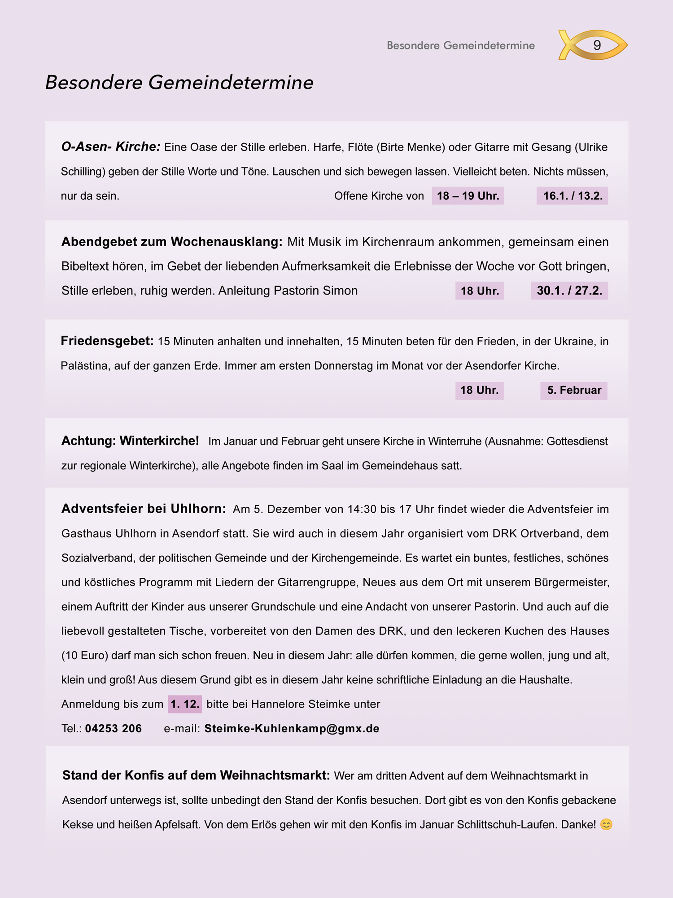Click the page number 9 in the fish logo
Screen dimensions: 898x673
click(597, 45)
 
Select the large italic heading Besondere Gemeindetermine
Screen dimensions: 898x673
click(179, 83)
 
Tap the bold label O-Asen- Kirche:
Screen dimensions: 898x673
click(110, 147)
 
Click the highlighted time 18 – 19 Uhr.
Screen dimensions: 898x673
click(468, 196)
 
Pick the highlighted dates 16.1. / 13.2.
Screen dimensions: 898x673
click(572, 196)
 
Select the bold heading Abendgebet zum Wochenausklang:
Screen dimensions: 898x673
click(172, 242)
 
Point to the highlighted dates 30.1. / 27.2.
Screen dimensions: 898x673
click(569, 291)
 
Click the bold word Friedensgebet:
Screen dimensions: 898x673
click(107, 341)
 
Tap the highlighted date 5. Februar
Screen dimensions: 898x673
click(574, 390)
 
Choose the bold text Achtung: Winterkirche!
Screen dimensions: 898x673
click(130, 441)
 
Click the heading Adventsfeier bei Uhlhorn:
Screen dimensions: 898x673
click(144, 509)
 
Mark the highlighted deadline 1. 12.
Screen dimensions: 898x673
click(185, 704)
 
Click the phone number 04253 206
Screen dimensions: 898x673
click(114, 728)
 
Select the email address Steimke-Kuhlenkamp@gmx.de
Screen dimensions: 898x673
click(292, 728)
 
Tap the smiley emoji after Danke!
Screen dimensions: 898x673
click(606, 825)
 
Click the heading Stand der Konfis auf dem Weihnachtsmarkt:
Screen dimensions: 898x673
click(196, 775)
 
